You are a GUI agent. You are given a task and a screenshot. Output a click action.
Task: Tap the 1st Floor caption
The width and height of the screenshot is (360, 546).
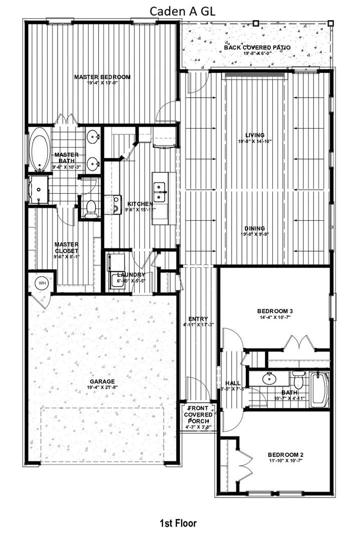178,523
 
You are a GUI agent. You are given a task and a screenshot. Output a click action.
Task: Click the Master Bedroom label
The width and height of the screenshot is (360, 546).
102,77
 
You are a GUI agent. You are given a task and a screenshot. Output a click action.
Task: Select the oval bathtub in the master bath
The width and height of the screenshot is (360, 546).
39,149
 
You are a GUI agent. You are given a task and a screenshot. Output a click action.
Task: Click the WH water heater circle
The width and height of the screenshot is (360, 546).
43,283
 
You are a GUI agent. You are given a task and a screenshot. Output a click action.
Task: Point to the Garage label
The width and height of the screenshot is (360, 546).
102,381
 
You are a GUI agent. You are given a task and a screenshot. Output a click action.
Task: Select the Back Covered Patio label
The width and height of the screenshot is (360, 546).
257,48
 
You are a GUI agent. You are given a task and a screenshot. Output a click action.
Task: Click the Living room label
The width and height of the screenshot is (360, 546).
255,135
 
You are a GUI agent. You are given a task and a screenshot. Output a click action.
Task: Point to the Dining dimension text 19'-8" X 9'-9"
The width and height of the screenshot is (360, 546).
255,234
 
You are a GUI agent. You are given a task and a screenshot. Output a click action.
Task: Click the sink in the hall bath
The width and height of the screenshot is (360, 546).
269,378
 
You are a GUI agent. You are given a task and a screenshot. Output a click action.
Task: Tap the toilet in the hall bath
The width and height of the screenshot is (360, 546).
298,380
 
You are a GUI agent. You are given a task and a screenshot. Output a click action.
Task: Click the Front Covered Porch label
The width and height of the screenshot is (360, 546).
198,414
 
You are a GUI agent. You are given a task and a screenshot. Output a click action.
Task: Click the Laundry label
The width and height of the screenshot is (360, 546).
131,275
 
